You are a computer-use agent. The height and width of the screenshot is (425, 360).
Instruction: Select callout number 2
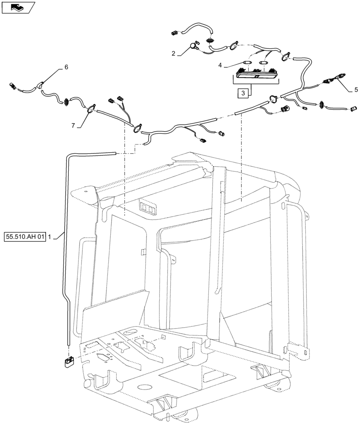click(x=174, y=54)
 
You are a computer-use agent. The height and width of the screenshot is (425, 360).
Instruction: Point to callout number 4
click(x=220, y=65)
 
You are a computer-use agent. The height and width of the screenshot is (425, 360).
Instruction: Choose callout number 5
click(x=356, y=90)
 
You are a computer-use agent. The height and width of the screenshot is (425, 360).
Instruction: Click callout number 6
click(x=66, y=67)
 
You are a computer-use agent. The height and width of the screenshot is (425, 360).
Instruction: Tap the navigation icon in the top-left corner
click(x=17, y=7)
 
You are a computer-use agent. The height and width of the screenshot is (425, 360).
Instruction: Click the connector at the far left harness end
click(x=13, y=87)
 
